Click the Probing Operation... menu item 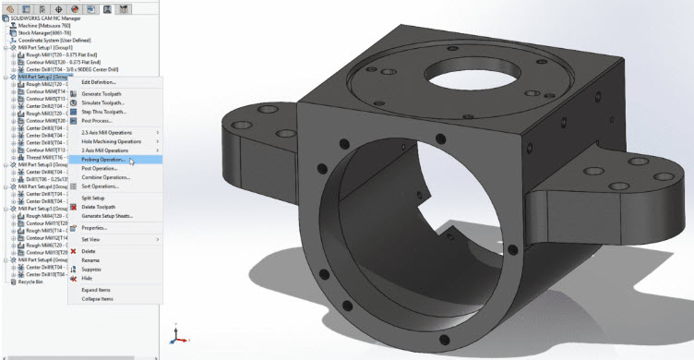(103, 160)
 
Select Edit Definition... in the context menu (100, 82)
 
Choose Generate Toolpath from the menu (103, 94)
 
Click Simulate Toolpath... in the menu (103, 103)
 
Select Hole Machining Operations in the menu (111, 141)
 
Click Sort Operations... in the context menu (101, 186)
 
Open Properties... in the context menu (94, 227)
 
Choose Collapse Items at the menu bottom (97, 298)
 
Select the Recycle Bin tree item (28, 282)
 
